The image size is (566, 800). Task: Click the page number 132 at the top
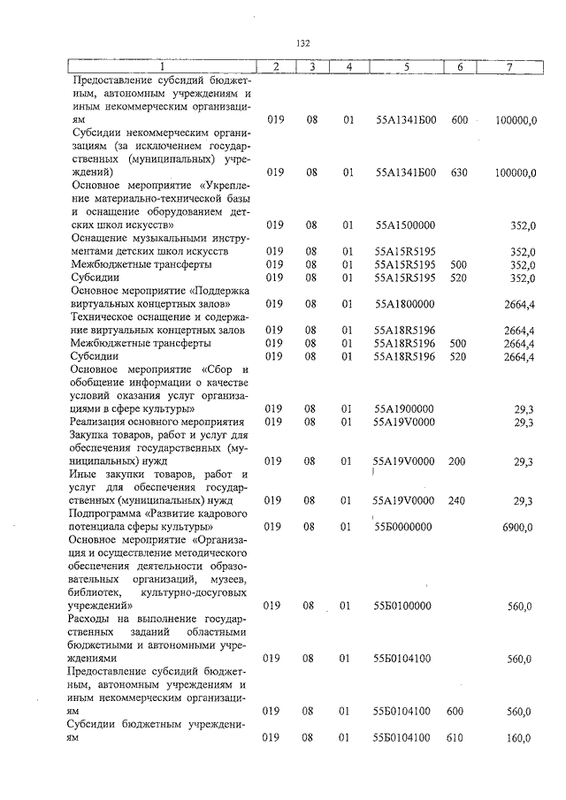(x=302, y=42)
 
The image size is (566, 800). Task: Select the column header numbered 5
(x=404, y=67)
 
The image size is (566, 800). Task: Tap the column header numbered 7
(x=509, y=67)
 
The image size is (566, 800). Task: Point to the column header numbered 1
(x=162, y=67)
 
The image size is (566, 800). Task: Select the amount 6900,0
(x=516, y=527)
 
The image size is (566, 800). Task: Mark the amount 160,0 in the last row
(x=519, y=738)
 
